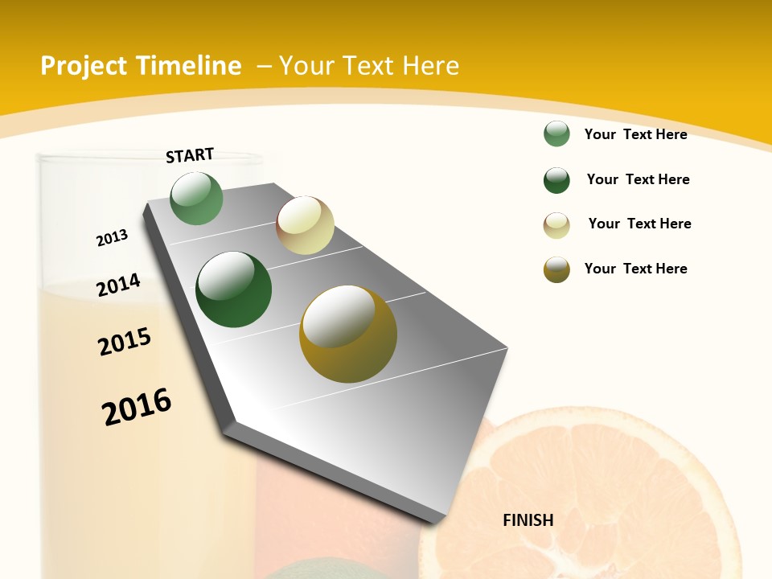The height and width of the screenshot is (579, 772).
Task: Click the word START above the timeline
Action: click(190, 155)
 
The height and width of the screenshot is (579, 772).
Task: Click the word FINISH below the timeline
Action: click(528, 520)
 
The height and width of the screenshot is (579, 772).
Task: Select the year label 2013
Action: click(112, 238)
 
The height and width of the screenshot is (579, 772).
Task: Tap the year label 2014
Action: click(118, 285)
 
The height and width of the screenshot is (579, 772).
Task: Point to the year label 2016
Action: click(137, 407)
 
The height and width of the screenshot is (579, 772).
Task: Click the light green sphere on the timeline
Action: click(197, 199)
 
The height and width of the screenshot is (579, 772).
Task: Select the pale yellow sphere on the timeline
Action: click(305, 225)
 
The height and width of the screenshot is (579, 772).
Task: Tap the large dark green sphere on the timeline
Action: click(234, 289)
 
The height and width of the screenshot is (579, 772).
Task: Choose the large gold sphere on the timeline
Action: click(348, 334)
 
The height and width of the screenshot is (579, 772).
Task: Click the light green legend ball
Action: click(556, 134)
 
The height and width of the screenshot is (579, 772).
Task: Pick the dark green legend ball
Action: click(556, 180)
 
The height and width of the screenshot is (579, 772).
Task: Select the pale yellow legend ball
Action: click(556, 225)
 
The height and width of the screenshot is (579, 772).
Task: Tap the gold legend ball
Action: click(556, 269)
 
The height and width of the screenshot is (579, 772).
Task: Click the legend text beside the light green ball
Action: click(635, 134)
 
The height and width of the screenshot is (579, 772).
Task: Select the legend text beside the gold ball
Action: click(635, 269)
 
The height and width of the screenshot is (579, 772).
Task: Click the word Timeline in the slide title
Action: click(191, 66)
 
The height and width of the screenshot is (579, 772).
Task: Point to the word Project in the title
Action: click(84, 66)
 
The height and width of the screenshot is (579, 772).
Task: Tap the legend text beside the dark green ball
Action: click(638, 179)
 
